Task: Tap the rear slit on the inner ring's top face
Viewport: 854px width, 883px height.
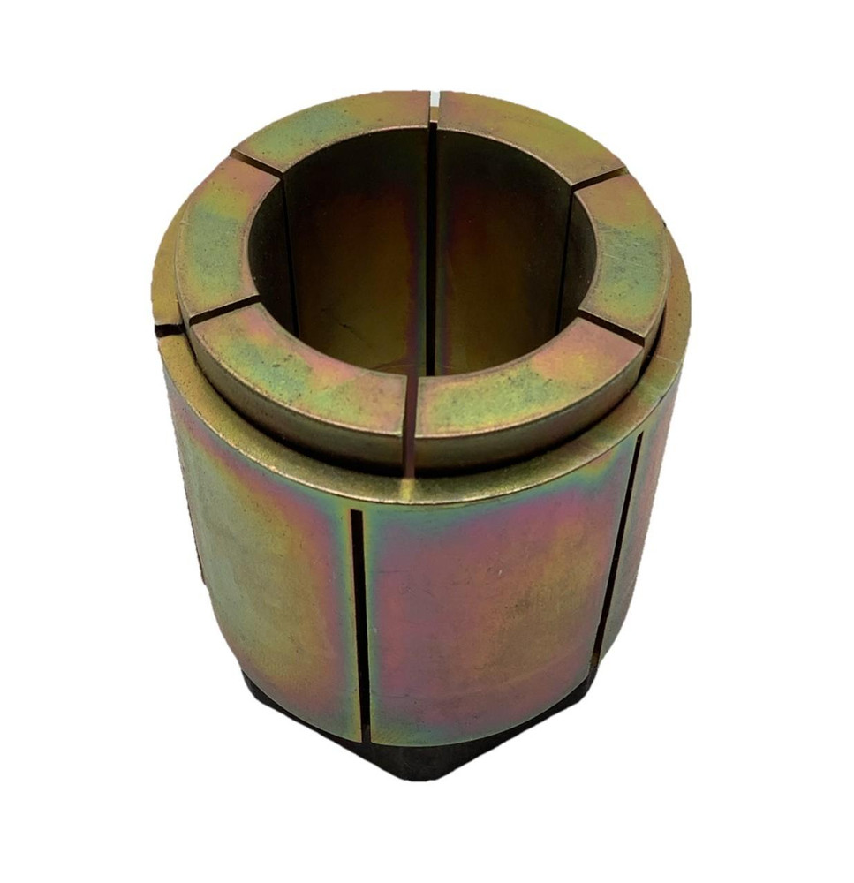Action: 434,110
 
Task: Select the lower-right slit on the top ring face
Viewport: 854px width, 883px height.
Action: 612,329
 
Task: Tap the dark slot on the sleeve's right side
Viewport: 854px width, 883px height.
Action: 618,547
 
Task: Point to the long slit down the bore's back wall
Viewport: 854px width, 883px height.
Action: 432,247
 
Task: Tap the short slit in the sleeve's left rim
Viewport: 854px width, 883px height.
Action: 168,330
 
